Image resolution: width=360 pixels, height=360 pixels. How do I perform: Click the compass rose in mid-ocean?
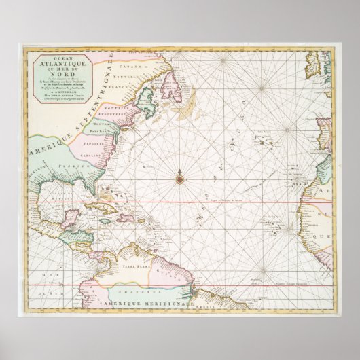click(180, 179)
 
